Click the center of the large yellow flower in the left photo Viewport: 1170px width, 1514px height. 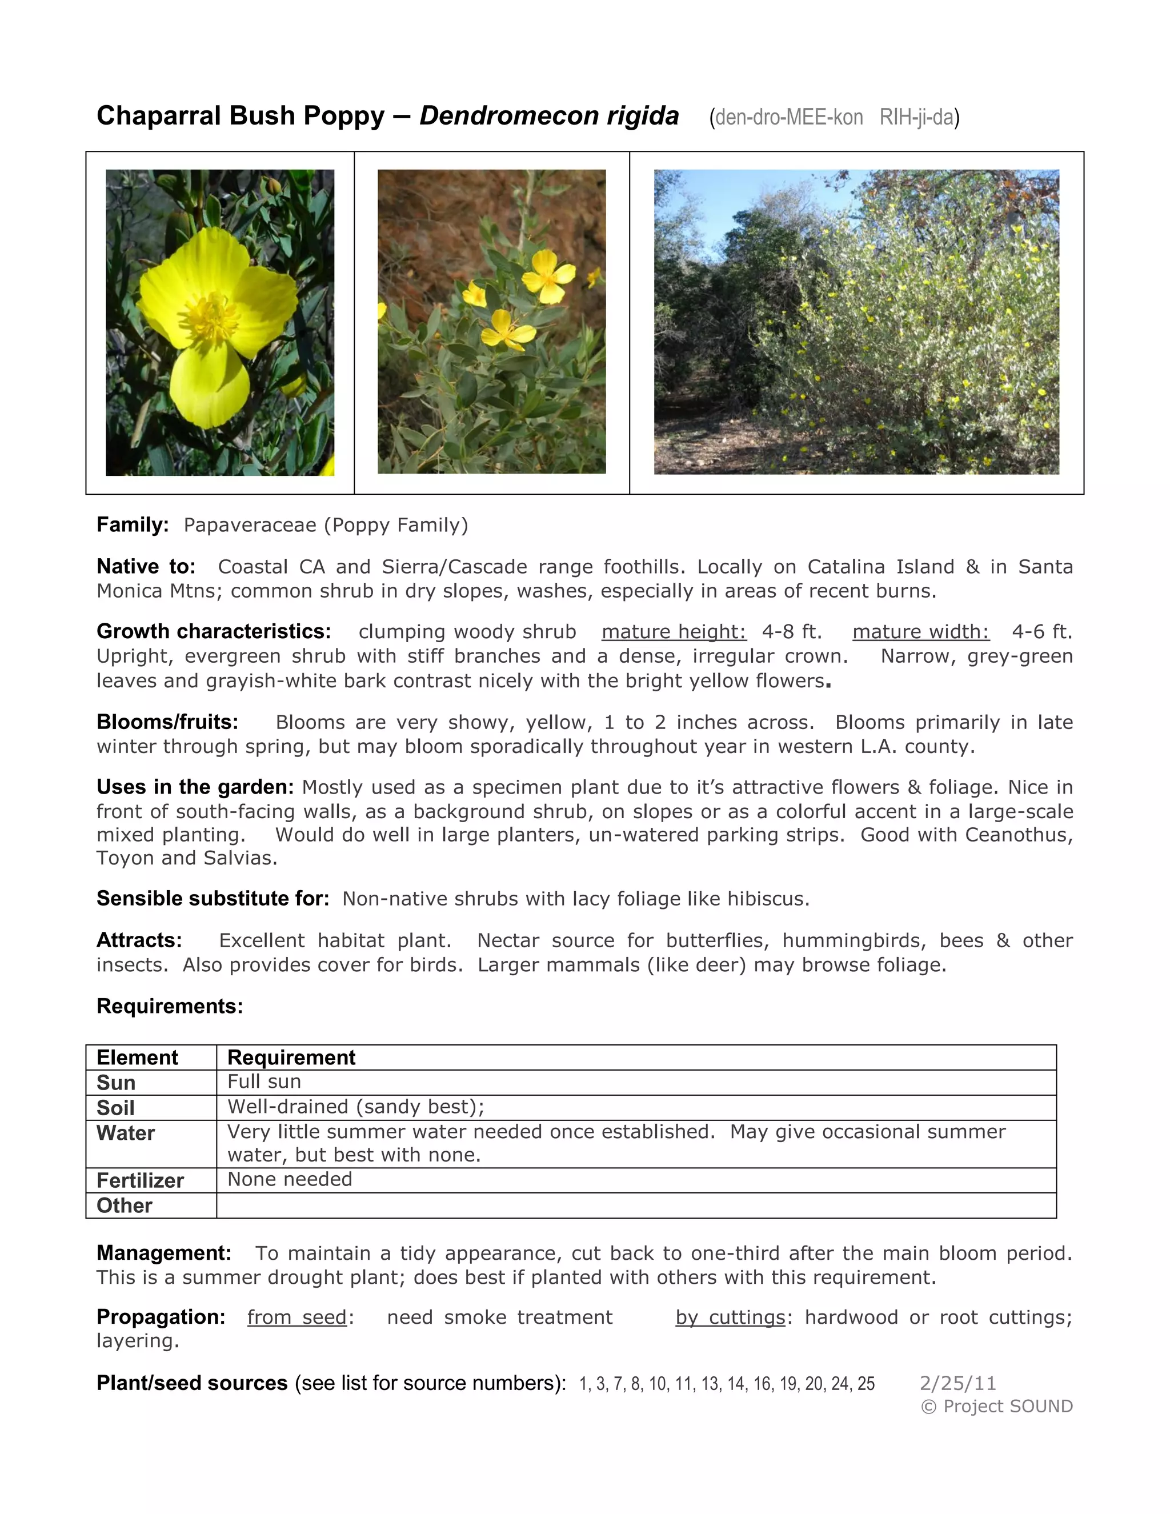tap(211, 318)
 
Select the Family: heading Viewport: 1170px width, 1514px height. tap(133, 525)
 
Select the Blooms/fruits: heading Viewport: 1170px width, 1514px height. tap(167, 722)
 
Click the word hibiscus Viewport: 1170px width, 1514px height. tap(767, 899)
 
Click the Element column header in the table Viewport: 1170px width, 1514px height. tap(137, 1058)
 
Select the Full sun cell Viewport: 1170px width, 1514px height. tap(264, 1082)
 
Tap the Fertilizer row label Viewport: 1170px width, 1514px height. tap(140, 1180)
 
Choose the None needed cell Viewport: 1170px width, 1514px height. tap(290, 1179)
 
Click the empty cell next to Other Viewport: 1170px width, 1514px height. tap(636, 1205)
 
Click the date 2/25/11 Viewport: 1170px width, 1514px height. tap(958, 1383)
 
